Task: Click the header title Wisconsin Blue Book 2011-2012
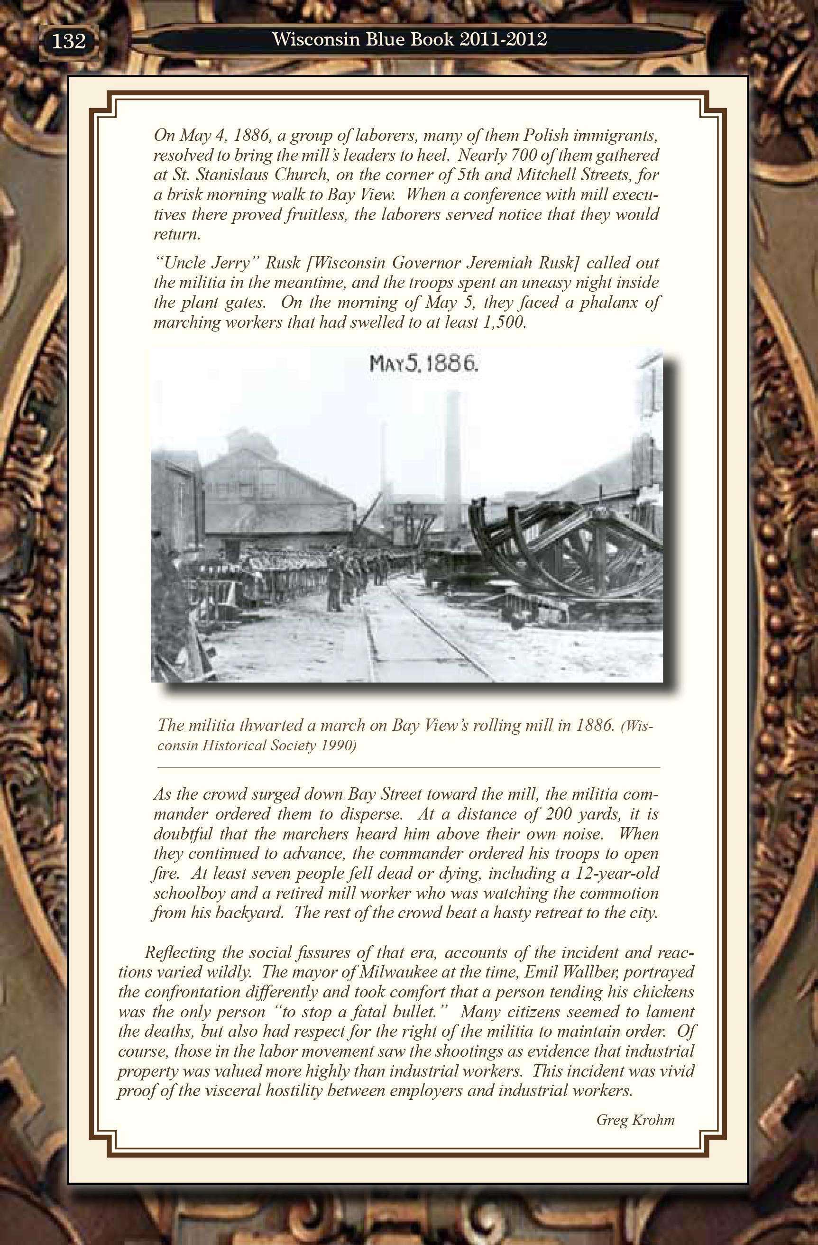(x=410, y=40)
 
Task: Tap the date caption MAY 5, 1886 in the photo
(x=423, y=364)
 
